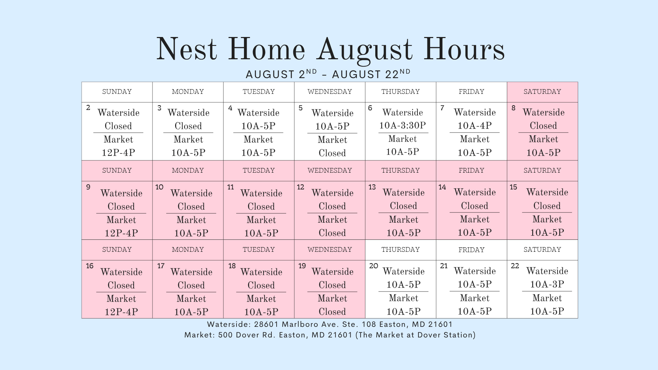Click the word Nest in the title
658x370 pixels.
tap(187, 49)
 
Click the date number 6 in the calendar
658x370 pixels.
tap(370, 108)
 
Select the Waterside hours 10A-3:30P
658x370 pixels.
tap(402, 125)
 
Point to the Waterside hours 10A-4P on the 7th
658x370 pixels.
tap(475, 126)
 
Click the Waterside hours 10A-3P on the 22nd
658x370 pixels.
tap(547, 284)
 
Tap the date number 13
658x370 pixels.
tap(372, 187)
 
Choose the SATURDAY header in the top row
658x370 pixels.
tap(542, 92)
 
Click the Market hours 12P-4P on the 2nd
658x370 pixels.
tap(118, 152)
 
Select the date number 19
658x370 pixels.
tap(302, 266)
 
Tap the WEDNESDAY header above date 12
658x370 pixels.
tap(330, 171)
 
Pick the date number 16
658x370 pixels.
tap(90, 266)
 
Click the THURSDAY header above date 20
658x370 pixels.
tap(401, 250)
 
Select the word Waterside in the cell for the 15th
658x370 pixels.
tap(547, 192)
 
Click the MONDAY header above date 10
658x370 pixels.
tap(188, 171)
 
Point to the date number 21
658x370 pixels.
tap(444, 266)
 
